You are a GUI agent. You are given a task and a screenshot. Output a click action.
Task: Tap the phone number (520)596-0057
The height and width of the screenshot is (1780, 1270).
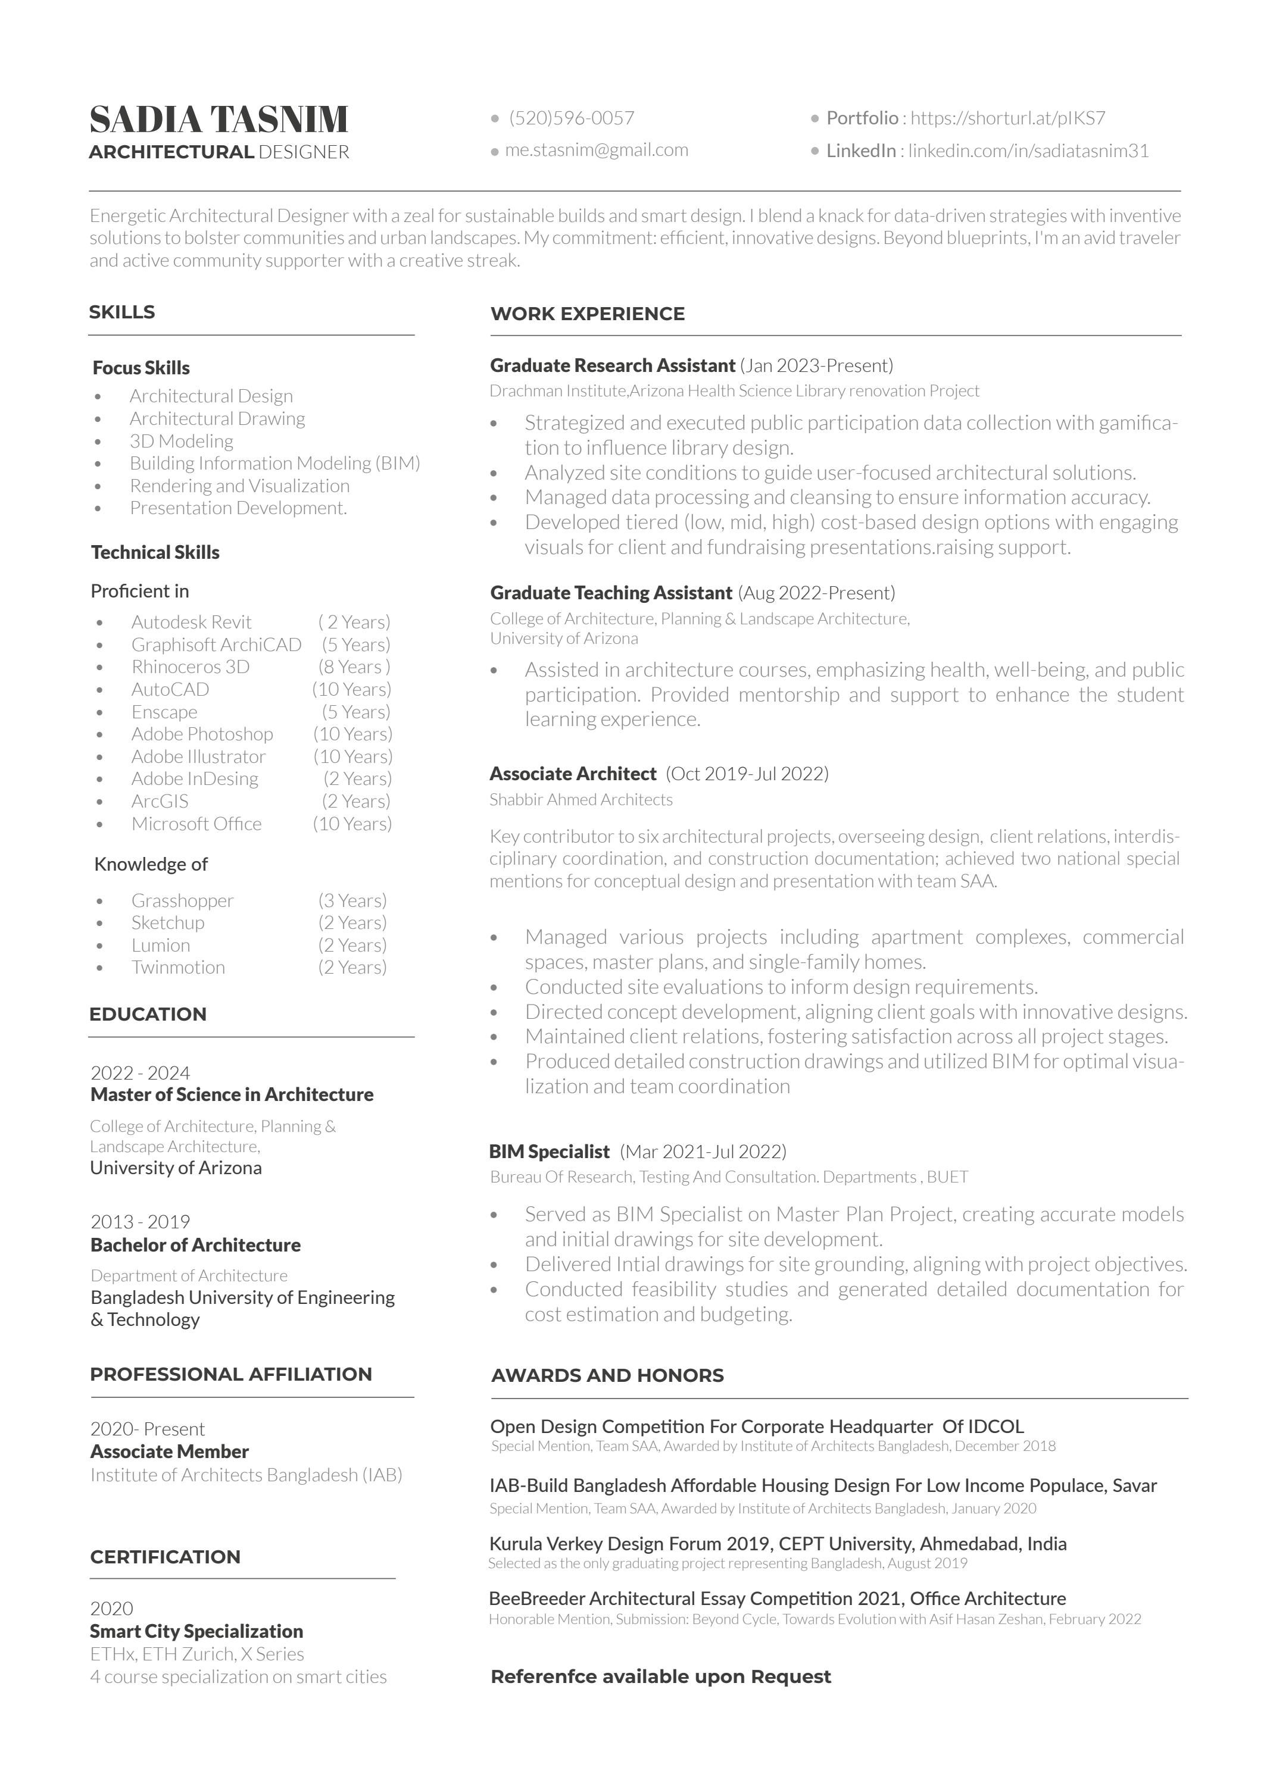(x=571, y=118)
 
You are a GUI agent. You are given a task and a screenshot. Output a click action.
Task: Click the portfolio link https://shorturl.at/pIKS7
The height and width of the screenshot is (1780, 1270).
(x=1007, y=118)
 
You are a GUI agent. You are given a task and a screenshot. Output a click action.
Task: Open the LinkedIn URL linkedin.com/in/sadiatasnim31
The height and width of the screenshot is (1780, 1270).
(x=1028, y=151)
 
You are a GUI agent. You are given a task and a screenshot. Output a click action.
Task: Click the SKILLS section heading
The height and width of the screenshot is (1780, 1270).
(x=122, y=312)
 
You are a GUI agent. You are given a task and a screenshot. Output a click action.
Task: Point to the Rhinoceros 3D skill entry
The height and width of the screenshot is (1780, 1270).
(x=190, y=667)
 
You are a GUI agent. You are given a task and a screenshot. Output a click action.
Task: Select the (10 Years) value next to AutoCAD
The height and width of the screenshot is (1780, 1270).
(x=351, y=690)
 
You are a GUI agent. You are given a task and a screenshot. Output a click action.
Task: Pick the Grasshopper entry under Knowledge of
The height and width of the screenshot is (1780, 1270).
(x=182, y=900)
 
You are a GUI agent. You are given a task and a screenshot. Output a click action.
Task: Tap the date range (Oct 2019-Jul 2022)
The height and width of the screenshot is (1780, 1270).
(x=746, y=774)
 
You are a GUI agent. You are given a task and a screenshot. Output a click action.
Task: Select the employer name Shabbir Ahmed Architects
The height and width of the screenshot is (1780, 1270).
(x=581, y=800)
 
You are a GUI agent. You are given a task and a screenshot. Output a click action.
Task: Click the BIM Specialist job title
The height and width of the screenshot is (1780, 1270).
(x=549, y=1152)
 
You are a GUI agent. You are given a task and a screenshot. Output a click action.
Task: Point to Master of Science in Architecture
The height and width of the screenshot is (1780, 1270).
(x=232, y=1094)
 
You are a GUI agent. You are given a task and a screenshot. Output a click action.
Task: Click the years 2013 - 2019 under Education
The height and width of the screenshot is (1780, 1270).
(x=140, y=1222)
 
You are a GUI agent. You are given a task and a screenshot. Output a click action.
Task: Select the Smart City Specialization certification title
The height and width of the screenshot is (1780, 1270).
(x=196, y=1631)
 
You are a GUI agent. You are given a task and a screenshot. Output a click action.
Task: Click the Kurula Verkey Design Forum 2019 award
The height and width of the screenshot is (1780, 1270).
(x=778, y=1544)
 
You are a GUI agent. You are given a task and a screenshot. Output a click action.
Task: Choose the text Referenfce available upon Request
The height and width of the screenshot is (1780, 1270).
(x=661, y=1677)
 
